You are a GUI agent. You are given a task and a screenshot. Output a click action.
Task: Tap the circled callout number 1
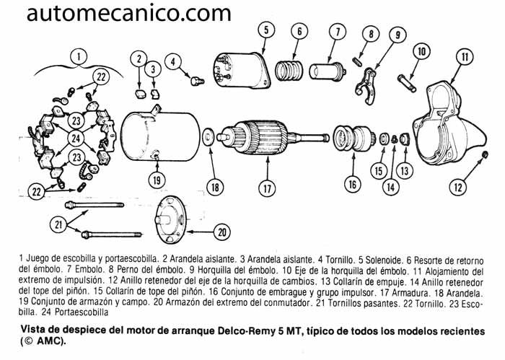tap(79, 54)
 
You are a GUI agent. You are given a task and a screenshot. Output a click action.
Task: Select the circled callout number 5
tap(265, 30)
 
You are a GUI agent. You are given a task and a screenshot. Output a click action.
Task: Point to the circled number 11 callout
tap(465, 57)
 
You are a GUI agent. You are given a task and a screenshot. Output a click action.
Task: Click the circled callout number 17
tap(267, 190)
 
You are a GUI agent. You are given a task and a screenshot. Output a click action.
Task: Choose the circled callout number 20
tap(222, 232)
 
